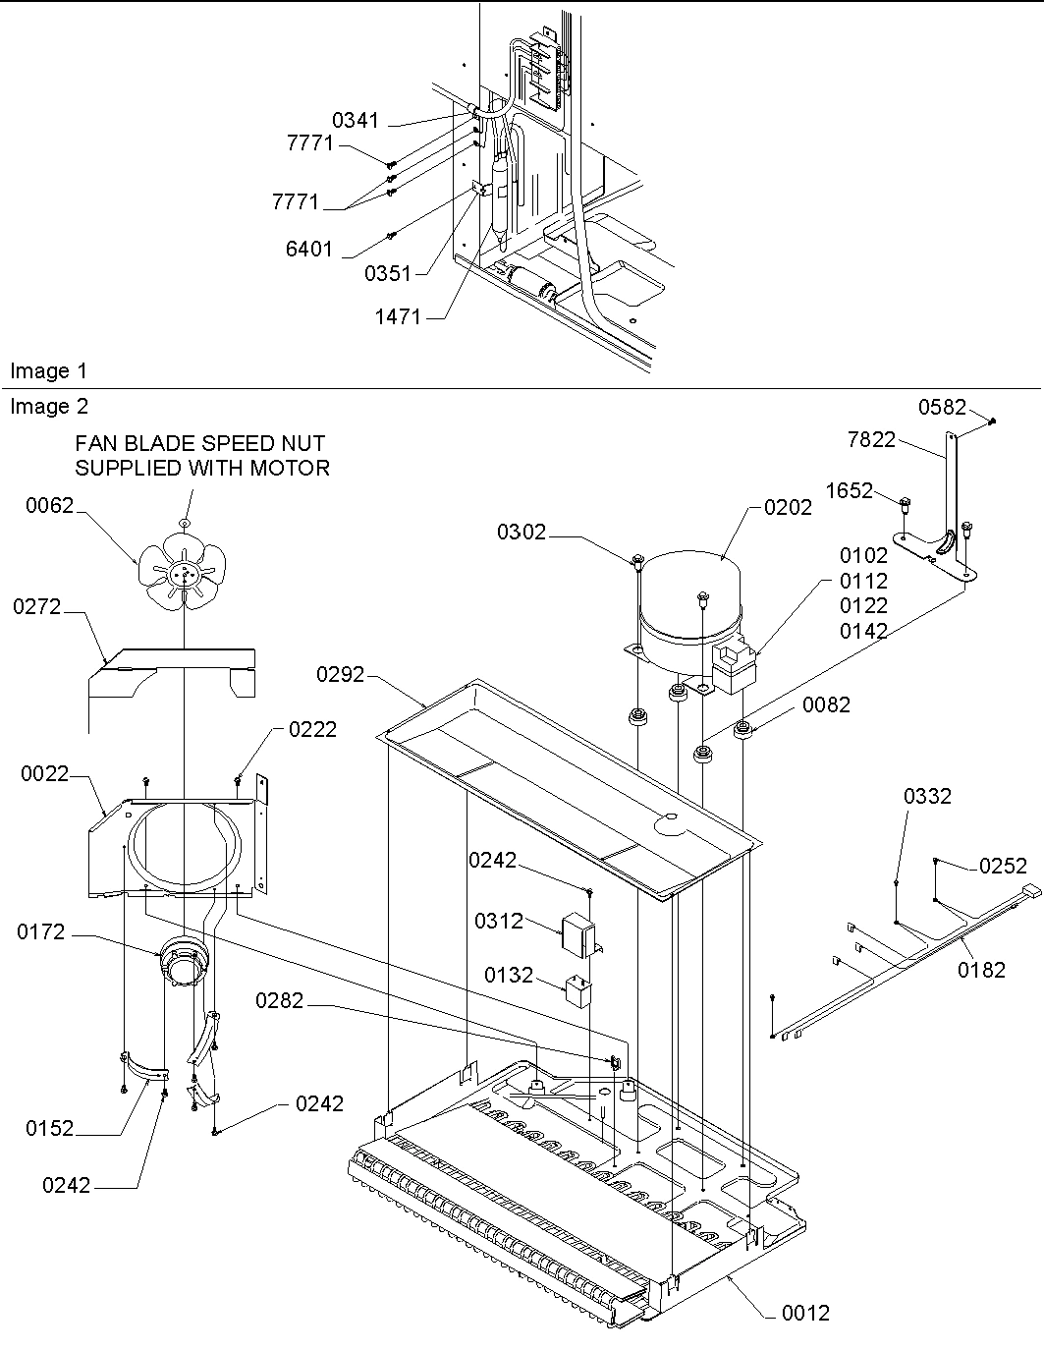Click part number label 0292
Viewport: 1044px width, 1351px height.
pos(340,675)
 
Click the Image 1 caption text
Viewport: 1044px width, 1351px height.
pos(48,371)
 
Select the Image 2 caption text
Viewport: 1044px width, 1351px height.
pos(48,407)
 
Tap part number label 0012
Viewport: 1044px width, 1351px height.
pos(805,1313)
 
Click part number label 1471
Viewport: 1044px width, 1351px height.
pos(397,316)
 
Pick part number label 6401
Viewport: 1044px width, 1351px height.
pos(309,250)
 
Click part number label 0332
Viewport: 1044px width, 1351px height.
pos(927,797)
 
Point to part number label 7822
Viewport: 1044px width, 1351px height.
pos(871,440)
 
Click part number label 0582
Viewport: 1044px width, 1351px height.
pos(942,407)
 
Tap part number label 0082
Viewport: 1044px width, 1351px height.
pos(826,704)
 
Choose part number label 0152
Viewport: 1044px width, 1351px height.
pos(49,1129)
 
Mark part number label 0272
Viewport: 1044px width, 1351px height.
pos(36,608)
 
